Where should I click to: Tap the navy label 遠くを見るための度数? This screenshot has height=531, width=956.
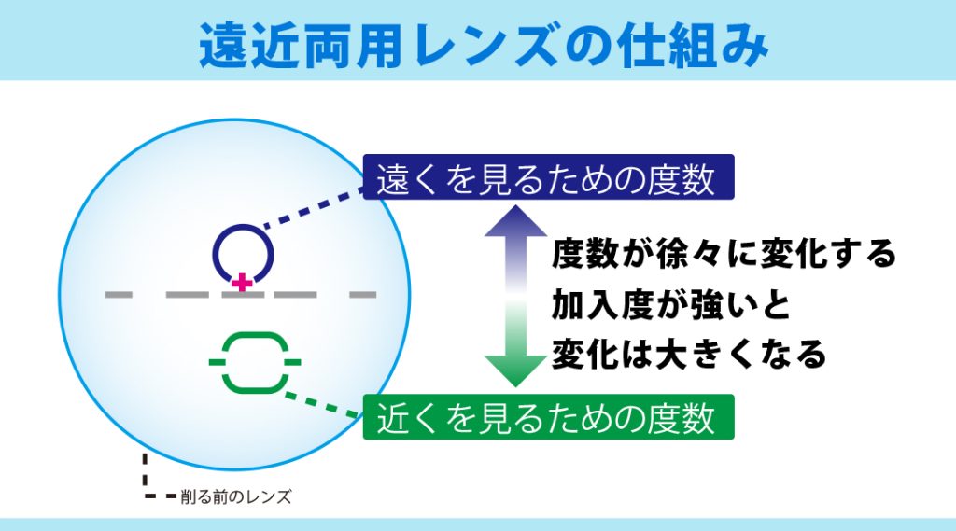click(x=548, y=179)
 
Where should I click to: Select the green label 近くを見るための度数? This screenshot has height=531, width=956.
click(x=548, y=417)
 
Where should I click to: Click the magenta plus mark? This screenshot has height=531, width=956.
click(x=242, y=281)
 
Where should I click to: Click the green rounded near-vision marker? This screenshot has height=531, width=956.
click(x=254, y=361)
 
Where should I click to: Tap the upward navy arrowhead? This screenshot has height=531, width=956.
click(x=515, y=223)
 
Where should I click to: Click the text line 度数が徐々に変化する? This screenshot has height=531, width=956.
click(x=724, y=254)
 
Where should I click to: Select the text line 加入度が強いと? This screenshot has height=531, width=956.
click(x=670, y=304)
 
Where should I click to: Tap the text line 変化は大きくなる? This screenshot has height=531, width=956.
click(x=689, y=355)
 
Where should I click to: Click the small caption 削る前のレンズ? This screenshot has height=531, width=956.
click(x=235, y=497)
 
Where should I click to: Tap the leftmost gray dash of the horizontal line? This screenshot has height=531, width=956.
click(x=119, y=295)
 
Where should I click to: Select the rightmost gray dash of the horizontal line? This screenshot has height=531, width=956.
click(x=362, y=295)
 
